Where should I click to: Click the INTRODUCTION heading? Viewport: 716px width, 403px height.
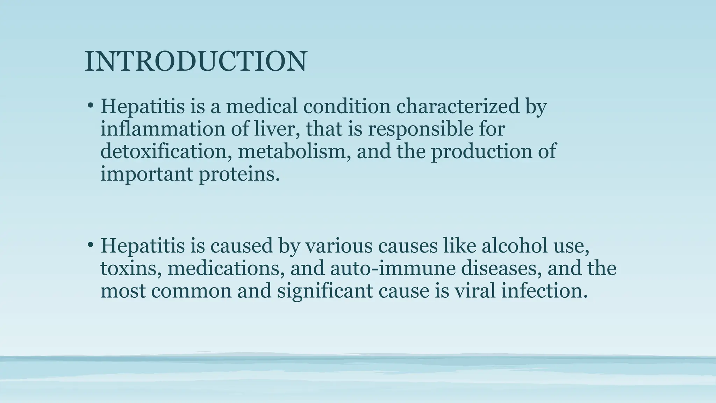click(x=196, y=62)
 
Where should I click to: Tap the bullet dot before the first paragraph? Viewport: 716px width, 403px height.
click(x=91, y=105)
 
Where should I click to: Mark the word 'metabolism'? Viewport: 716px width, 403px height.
click(x=294, y=151)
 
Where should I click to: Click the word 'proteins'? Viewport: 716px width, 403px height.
click(x=239, y=174)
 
